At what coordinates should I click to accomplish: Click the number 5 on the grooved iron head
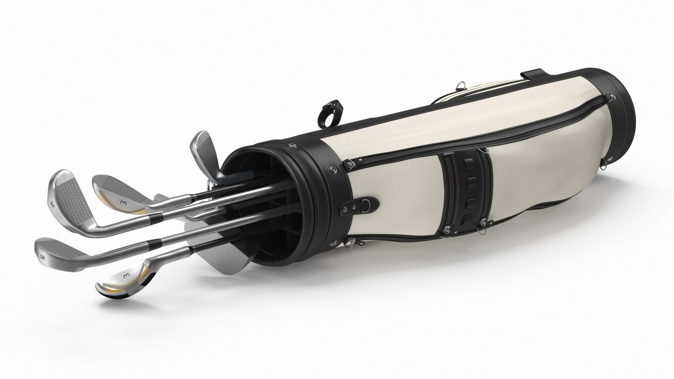pos(53,204)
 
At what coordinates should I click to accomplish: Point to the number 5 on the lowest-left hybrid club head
pos(43,258)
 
